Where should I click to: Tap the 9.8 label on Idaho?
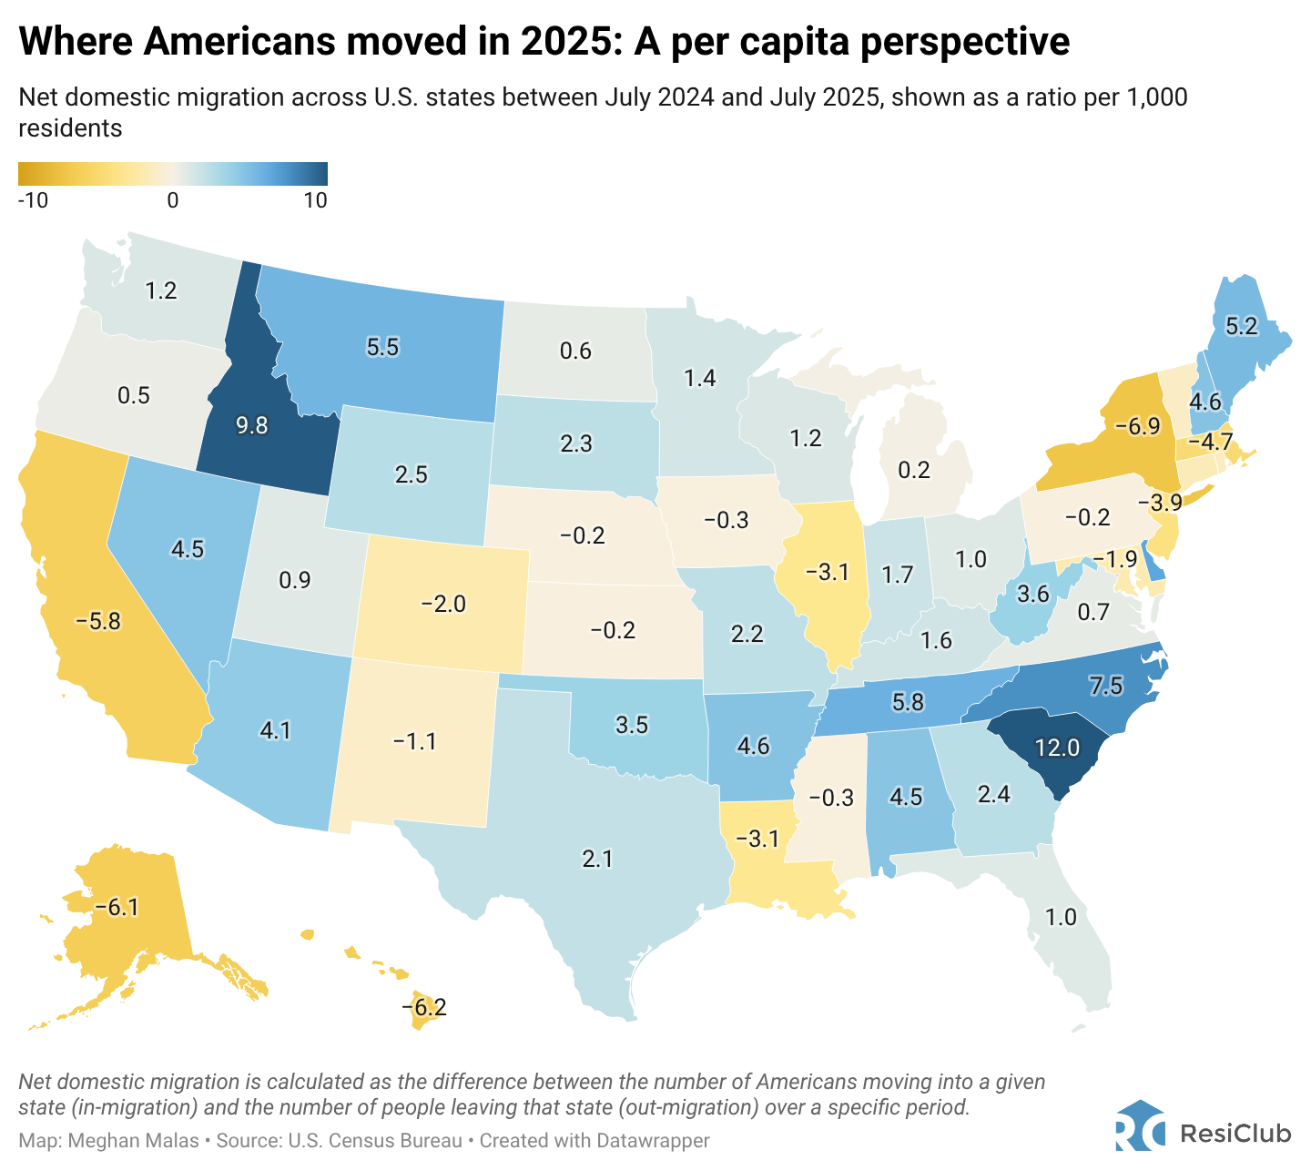tap(251, 425)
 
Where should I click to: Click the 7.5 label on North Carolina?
tap(1105, 687)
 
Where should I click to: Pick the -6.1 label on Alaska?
tap(117, 907)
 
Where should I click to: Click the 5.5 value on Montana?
tap(382, 347)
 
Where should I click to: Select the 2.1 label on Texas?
tap(598, 858)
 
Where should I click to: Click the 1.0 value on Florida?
tap(1062, 917)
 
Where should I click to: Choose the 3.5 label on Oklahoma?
tap(631, 725)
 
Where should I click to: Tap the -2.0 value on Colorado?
tap(443, 604)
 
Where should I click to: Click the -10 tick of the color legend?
tap(33, 201)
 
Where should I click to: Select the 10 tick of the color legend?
tap(315, 201)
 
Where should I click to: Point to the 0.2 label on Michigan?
tap(914, 470)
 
